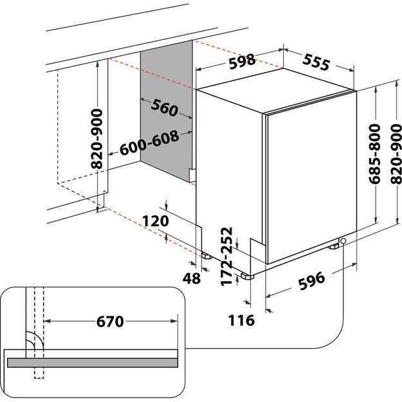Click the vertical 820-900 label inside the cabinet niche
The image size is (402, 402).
97,138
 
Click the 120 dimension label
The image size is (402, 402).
154,221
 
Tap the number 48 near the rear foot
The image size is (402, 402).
191,279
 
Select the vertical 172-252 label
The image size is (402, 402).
226,257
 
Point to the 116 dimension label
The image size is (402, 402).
241,320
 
